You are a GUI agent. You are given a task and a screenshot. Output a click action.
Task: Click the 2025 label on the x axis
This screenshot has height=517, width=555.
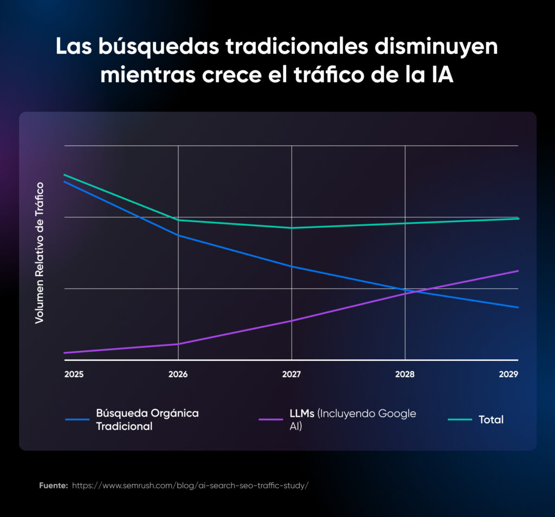74,374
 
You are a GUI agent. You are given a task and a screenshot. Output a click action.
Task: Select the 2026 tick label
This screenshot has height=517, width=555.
178,374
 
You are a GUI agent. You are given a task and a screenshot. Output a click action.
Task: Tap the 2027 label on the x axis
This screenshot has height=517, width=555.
292,374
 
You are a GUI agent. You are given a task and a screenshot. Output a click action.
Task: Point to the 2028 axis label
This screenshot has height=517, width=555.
405,374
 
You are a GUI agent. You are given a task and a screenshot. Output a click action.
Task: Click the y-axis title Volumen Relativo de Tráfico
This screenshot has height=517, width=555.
39,253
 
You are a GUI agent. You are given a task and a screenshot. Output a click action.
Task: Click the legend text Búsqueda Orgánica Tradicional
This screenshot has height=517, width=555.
147,419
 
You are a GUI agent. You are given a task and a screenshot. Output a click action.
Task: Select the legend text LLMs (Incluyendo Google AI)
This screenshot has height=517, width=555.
353,419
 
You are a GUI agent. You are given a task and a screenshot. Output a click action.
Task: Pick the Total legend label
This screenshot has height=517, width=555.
491,419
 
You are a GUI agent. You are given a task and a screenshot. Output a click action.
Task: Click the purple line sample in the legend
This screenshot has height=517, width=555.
272,419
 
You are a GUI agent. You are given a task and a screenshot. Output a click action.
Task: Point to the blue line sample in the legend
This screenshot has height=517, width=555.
78,419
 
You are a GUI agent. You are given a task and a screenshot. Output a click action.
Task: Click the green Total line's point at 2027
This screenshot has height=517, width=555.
292,228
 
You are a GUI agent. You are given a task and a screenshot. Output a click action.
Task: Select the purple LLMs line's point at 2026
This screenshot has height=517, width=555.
178,344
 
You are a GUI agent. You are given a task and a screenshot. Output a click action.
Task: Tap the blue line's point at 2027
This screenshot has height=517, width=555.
292,266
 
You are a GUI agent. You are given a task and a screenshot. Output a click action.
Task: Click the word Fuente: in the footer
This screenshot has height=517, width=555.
53,486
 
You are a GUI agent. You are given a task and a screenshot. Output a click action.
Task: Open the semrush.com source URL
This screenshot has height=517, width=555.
190,486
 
